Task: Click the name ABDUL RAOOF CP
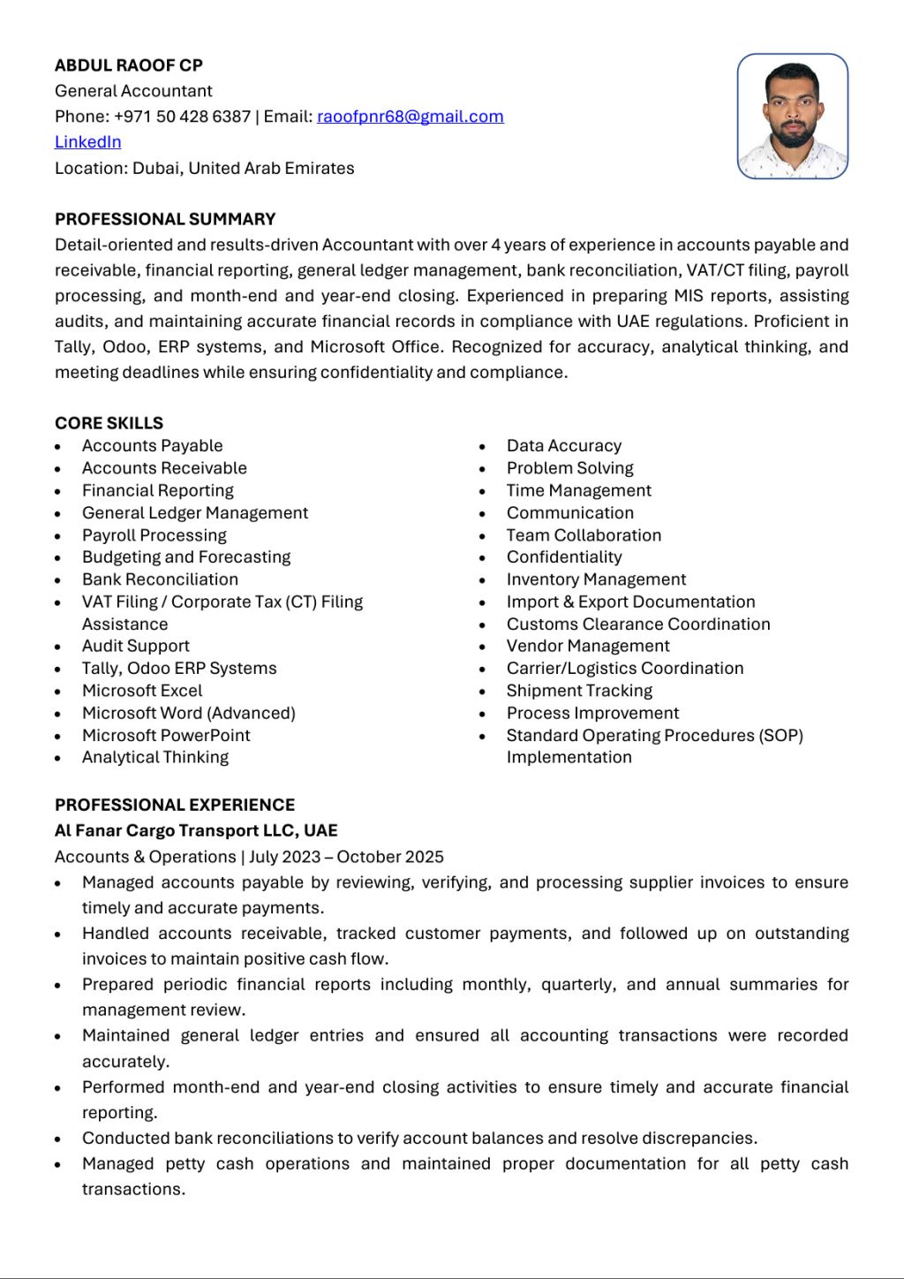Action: [129, 65]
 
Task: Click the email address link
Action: [410, 117]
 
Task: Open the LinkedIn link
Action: [87, 142]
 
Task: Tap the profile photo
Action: [792, 117]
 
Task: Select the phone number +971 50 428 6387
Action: [182, 117]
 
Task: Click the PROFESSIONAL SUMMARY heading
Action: [165, 219]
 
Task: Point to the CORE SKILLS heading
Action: [109, 423]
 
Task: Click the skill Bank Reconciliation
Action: [160, 579]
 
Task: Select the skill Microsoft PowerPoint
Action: [166, 735]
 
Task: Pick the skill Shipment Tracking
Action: [579, 691]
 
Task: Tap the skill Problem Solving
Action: [569, 468]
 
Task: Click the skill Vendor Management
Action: [588, 647]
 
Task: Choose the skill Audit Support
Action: [135, 647]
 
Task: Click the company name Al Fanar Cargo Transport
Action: [196, 830]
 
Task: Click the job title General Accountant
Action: [133, 91]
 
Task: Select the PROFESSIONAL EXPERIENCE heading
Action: [175, 805]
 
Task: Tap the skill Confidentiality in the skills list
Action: [564, 557]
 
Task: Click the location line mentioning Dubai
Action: [204, 168]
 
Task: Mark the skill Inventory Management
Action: [596, 579]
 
